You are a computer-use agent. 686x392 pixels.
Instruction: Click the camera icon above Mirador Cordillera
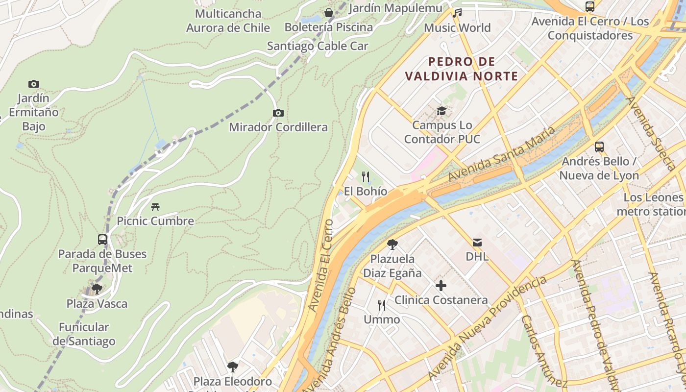pyautogui.click(x=278, y=113)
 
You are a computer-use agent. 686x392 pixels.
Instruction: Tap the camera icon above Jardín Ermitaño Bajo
pyautogui.click(x=34, y=84)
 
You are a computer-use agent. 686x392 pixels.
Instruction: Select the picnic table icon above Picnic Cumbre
pyautogui.click(x=155, y=207)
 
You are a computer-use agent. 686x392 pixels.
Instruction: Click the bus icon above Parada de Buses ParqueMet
pyautogui.click(x=102, y=240)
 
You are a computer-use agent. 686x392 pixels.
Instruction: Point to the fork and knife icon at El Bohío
pyautogui.click(x=366, y=177)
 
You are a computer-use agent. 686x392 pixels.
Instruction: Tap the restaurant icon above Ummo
pyautogui.click(x=382, y=305)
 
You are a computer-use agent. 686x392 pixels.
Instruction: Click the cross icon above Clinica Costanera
pyautogui.click(x=441, y=286)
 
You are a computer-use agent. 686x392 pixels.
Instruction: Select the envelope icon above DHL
pyautogui.click(x=477, y=242)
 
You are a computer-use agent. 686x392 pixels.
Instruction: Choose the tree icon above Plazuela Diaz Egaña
pyautogui.click(x=392, y=244)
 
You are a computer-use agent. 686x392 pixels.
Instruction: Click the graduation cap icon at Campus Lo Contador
pyautogui.click(x=441, y=111)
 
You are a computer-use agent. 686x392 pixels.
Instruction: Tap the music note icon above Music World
pyautogui.click(x=457, y=13)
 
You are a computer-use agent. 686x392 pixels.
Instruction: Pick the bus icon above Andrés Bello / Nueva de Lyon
pyautogui.click(x=599, y=147)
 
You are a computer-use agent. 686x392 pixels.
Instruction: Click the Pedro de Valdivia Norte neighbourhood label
pyautogui.click(x=462, y=69)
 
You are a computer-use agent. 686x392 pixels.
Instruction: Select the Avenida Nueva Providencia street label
pyautogui.click(x=488, y=328)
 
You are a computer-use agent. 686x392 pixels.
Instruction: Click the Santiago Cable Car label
pyautogui.click(x=318, y=46)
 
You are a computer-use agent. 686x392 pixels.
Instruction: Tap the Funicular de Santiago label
pyautogui.click(x=84, y=334)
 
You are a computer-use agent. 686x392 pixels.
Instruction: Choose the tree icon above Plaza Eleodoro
pyautogui.click(x=233, y=367)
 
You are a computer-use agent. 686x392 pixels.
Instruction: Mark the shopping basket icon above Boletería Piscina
pyautogui.click(x=328, y=13)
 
